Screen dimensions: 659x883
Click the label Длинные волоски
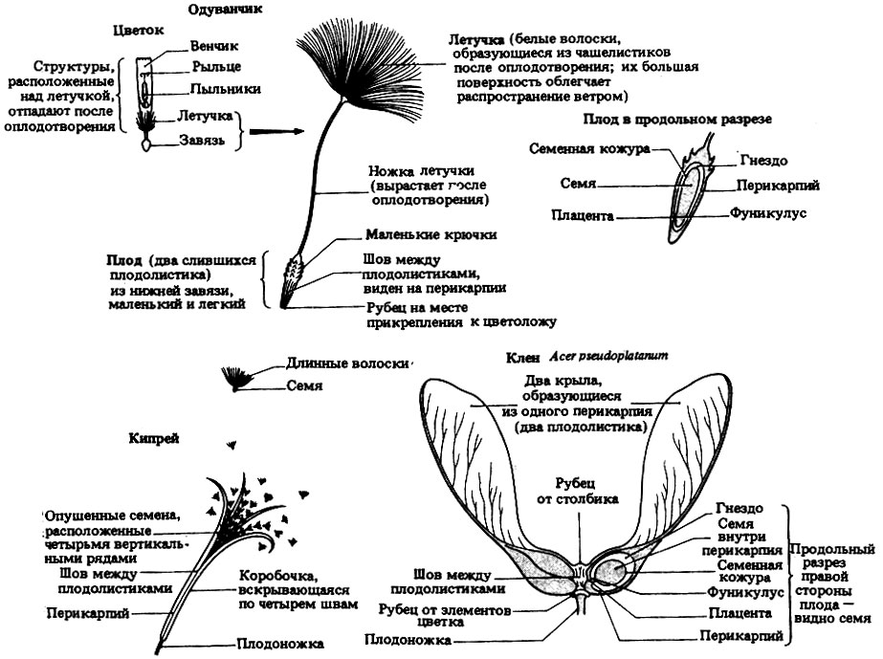(347, 363)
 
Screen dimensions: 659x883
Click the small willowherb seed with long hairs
(234, 379)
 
